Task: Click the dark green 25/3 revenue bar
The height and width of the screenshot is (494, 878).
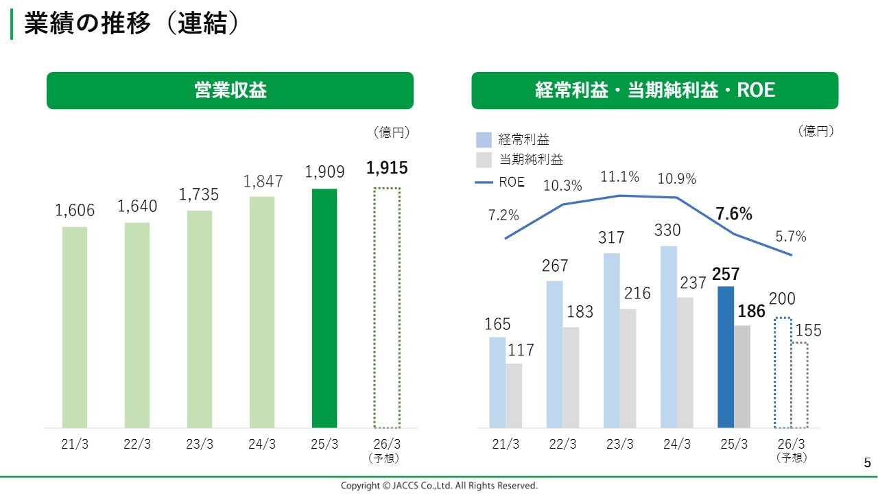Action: (324, 308)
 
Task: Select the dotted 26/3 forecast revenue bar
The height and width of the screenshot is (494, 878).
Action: (387, 308)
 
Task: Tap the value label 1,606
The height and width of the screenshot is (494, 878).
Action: (75, 211)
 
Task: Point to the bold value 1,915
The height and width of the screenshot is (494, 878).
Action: (387, 168)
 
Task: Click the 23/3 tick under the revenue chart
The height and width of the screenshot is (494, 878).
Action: (200, 444)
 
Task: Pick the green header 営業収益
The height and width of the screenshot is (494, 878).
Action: (230, 91)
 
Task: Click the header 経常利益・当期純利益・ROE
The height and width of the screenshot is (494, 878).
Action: (654, 91)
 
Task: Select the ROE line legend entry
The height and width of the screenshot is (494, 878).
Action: (500, 182)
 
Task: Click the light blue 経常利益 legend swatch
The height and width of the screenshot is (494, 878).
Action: (484, 140)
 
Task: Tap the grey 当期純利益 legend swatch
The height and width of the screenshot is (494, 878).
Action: (484, 160)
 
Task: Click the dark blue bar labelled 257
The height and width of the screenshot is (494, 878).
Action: (725, 357)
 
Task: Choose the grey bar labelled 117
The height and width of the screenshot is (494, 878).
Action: (514, 395)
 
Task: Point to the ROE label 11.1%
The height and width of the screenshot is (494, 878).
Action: (620, 177)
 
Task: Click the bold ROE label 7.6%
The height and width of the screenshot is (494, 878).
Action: (734, 214)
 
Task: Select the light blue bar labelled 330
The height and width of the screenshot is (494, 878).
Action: (669, 336)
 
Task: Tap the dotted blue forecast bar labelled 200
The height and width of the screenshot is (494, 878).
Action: (783, 373)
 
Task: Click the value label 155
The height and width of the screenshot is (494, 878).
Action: (808, 331)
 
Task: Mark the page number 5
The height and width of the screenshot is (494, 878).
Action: (867, 463)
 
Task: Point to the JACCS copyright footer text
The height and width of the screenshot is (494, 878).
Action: (439, 486)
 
